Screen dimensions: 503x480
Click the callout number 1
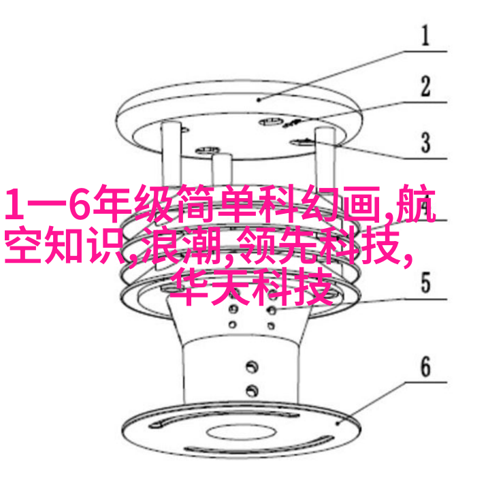click(x=425, y=35)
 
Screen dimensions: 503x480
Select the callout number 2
click(x=425, y=86)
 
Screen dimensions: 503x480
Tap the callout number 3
click(x=425, y=142)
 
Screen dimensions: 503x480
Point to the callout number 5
click(x=425, y=283)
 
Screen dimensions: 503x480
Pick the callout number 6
click(x=425, y=366)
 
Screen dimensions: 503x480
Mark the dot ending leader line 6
click(x=338, y=423)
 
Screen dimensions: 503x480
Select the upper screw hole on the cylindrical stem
click(x=252, y=367)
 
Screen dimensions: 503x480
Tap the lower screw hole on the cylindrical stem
click(x=252, y=391)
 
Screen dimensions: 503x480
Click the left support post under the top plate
click(x=171, y=154)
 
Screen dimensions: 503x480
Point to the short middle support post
click(x=221, y=170)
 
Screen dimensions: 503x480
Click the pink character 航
click(x=416, y=204)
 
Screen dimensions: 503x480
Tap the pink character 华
click(x=189, y=287)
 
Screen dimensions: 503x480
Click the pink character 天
click(x=230, y=287)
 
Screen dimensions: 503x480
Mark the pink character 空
click(x=25, y=246)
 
